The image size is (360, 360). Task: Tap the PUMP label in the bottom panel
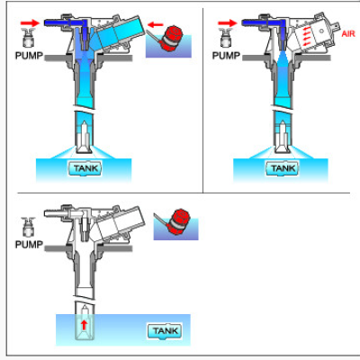click(x=31, y=244)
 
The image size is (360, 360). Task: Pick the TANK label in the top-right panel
click(x=283, y=167)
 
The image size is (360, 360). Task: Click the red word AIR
click(x=348, y=34)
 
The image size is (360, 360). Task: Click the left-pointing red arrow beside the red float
click(x=154, y=25)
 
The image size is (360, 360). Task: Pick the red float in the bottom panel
click(x=177, y=219)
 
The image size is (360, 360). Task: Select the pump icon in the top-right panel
click(x=227, y=36)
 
